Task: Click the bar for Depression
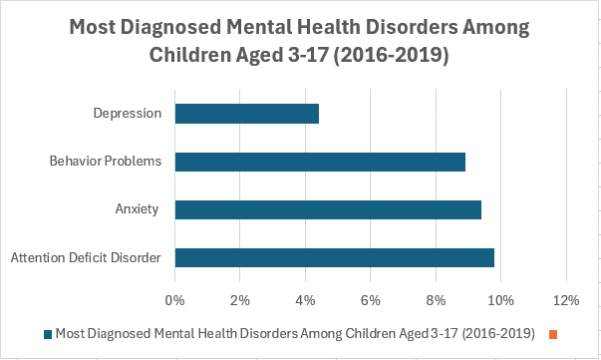click(246, 113)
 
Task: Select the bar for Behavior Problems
click(320, 162)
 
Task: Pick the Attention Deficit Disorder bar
click(334, 257)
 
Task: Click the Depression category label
click(129, 113)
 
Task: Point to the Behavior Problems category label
click(105, 161)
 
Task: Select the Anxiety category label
click(139, 209)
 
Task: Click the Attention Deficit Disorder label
click(86, 258)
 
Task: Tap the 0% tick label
click(174, 300)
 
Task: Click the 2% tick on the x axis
click(240, 300)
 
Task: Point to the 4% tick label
click(305, 300)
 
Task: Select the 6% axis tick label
click(371, 300)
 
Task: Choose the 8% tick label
click(436, 300)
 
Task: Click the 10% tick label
click(500, 300)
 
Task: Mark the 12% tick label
click(566, 300)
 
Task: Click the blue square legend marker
click(47, 333)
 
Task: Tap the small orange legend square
click(552, 333)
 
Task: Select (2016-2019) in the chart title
click(386, 56)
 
